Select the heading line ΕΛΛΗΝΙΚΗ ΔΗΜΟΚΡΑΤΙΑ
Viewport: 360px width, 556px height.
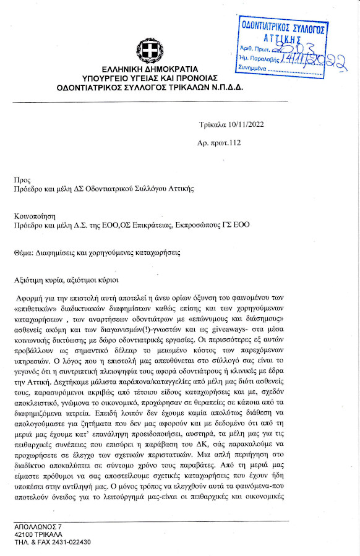point(150,69)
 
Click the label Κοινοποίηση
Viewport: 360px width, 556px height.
point(35,217)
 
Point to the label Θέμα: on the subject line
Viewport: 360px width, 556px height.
point(25,254)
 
